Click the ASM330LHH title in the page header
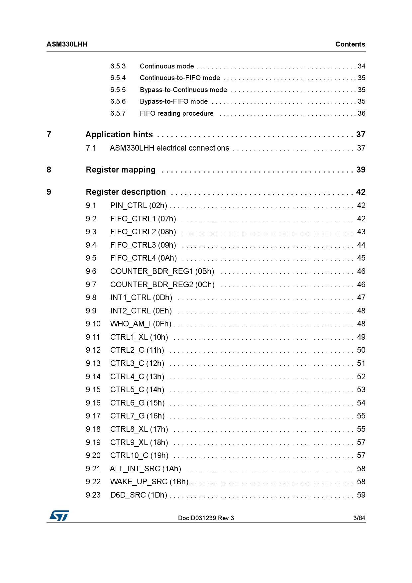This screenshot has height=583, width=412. coord(67,44)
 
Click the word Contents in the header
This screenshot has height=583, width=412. coord(350,44)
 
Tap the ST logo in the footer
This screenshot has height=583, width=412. coord(59,516)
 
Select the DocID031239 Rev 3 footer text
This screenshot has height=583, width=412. coord(206,518)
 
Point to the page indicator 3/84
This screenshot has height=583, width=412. coord(359,518)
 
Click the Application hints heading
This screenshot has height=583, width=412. coord(119,135)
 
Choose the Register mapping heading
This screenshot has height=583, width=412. coord(121,170)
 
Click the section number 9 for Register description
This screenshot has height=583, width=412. coord(49,192)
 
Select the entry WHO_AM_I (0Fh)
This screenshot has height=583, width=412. coord(141,324)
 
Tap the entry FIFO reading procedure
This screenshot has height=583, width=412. coord(176,113)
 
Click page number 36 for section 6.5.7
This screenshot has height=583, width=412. coord(361,113)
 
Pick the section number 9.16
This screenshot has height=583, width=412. coord(93,403)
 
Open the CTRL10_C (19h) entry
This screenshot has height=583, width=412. coord(139,455)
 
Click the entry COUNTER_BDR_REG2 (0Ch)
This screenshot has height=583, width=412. coord(162,285)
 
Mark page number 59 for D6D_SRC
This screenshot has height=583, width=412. coord(361,495)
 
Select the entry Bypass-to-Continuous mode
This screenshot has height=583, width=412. coord(183,90)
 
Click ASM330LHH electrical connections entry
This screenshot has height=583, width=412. coord(169,148)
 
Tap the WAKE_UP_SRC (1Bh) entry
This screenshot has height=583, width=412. coord(149,482)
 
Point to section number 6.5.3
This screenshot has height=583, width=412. coord(118,66)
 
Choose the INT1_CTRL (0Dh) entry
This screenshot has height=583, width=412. coord(141,297)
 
